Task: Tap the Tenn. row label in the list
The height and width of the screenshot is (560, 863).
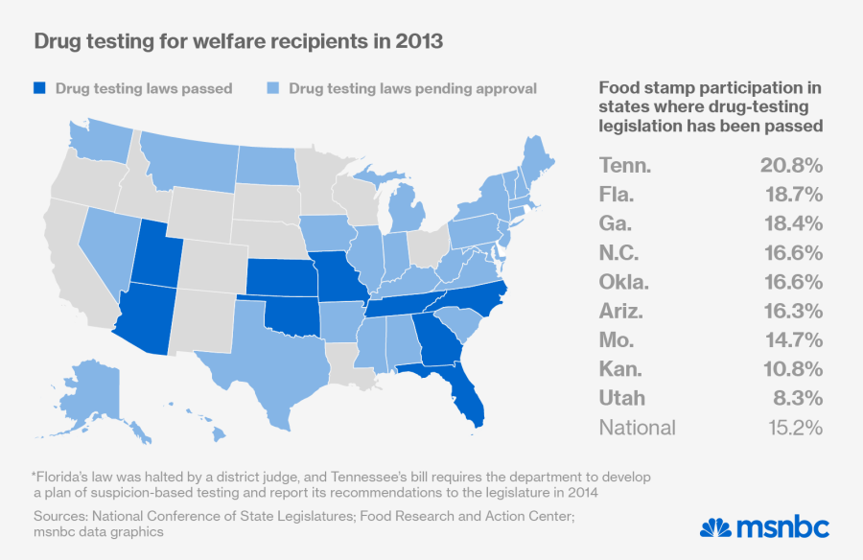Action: tap(625, 166)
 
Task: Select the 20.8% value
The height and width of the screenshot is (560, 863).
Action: tap(791, 166)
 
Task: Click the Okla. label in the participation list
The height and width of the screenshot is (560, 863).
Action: tap(625, 282)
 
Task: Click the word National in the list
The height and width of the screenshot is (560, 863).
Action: tap(638, 428)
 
